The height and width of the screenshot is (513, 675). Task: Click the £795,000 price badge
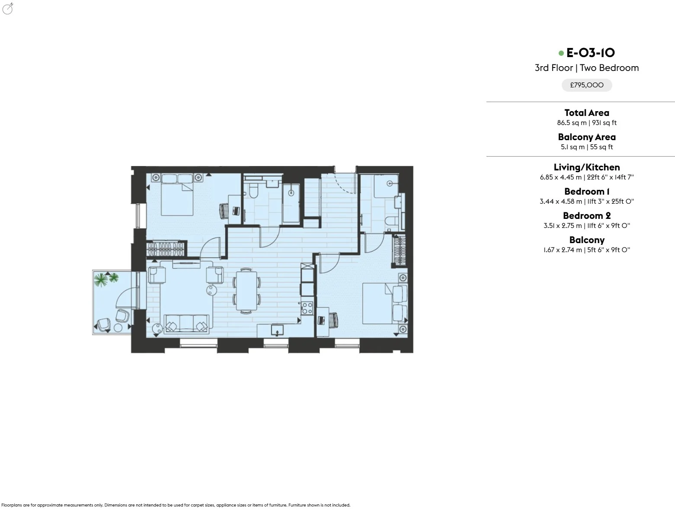click(x=587, y=85)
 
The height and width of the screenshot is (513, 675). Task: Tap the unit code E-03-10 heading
click(x=590, y=53)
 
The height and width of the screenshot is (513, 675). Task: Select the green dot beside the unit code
click(x=561, y=53)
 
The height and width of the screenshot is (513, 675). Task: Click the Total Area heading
click(x=587, y=113)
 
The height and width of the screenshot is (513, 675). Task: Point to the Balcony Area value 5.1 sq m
click(x=573, y=147)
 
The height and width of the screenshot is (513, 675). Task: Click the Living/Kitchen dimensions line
click(x=587, y=177)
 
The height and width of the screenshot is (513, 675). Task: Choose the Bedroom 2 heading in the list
click(x=587, y=215)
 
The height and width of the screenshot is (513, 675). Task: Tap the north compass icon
click(x=8, y=9)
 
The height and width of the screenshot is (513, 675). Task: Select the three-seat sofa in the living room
click(x=186, y=324)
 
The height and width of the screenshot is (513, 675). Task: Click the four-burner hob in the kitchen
click(x=307, y=308)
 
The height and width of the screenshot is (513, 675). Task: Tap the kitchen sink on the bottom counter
click(x=277, y=330)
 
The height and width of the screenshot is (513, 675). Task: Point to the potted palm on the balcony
click(x=106, y=279)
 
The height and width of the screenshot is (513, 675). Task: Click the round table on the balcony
click(x=118, y=328)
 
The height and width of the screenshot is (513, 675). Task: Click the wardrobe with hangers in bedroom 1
click(x=166, y=249)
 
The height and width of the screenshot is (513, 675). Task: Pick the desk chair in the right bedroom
click(x=333, y=320)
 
